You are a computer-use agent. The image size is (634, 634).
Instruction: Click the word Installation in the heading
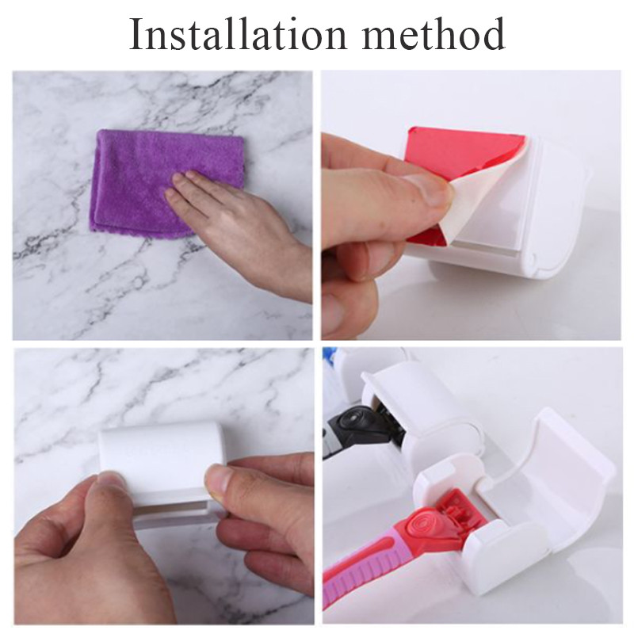(238, 33)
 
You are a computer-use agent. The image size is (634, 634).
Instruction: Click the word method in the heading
(433, 33)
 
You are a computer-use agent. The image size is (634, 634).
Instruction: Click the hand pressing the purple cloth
(239, 227)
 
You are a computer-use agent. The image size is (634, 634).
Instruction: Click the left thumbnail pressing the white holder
(112, 483)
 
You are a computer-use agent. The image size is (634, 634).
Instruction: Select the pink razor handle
(356, 574)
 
